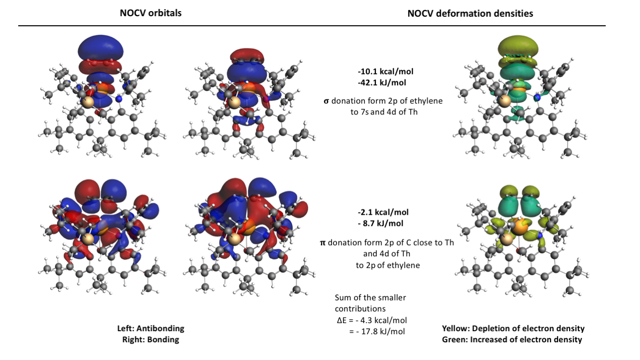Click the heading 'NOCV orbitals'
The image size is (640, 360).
click(x=151, y=13)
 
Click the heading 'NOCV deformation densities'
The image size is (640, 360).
click(x=470, y=14)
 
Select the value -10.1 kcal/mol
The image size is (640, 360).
click(x=386, y=71)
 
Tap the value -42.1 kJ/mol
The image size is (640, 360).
click(x=381, y=83)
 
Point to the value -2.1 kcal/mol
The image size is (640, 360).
click(x=383, y=212)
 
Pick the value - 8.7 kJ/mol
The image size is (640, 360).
click(x=380, y=223)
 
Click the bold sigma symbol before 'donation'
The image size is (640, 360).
click(x=326, y=101)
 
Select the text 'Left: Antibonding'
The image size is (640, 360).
click(x=151, y=329)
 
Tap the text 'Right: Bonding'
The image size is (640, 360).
click(x=151, y=340)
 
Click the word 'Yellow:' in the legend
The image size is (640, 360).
click(x=456, y=329)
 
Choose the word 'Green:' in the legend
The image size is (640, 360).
click(x=454, y=340)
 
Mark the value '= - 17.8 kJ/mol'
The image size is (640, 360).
click(x=377, y=332)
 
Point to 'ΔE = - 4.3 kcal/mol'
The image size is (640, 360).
click(x=372, y=321)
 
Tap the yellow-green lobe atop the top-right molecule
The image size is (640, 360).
click(x=518, y=46)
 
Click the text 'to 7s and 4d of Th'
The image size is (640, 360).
click(x=384, y=112)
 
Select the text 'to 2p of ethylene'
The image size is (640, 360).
click(x=388, y=265)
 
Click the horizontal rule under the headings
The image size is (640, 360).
click(x=312, y=26)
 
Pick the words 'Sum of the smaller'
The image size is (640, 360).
click(x=370, y=298)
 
